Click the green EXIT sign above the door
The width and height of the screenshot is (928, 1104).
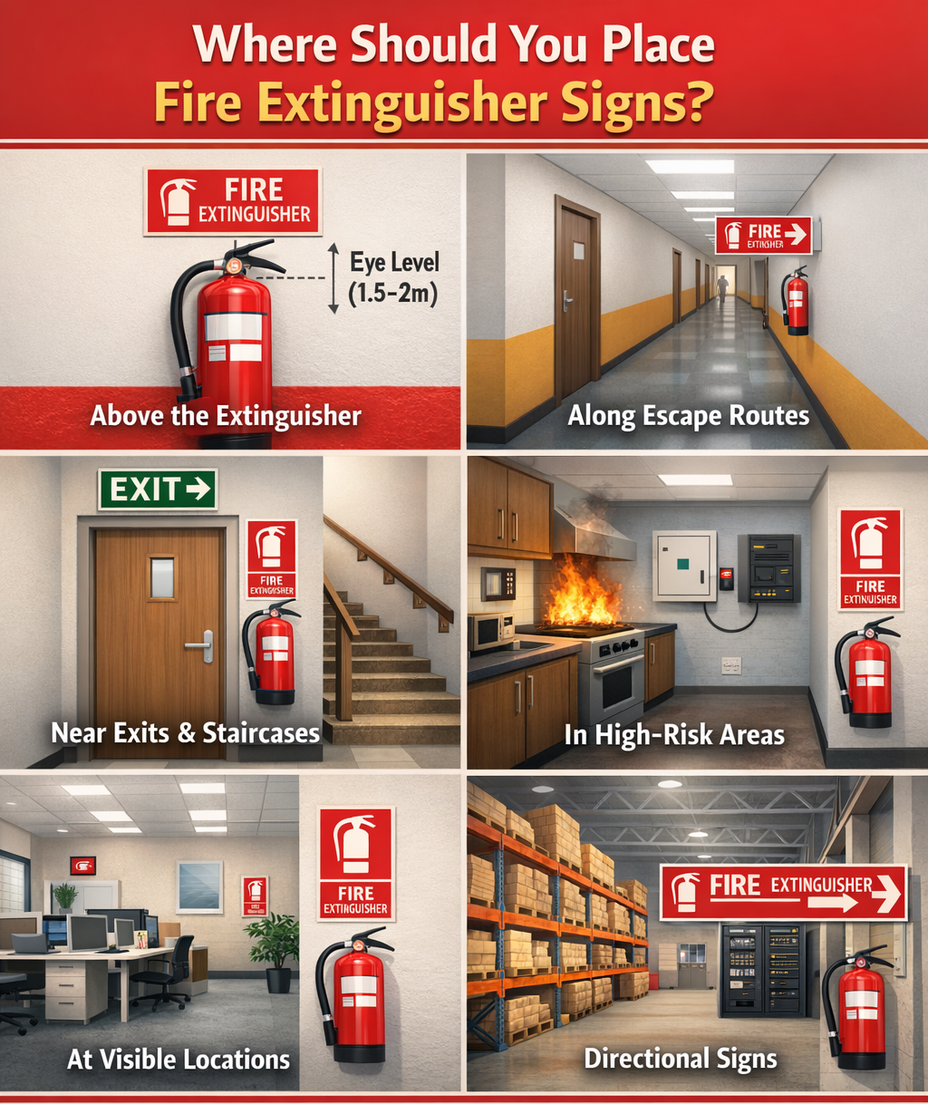(158, 489)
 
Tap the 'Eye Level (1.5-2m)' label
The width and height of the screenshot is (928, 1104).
(393, 278)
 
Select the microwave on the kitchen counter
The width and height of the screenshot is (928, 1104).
(489, 631)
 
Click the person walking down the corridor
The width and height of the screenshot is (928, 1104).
(722, 287)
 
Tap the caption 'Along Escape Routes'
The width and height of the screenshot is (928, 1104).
(688, 416)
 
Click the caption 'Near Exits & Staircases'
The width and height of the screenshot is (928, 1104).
(185, 732)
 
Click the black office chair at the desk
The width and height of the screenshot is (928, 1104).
(169, 970)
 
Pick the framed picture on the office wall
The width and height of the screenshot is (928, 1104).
(199, 886)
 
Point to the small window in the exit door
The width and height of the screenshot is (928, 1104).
(162, 577)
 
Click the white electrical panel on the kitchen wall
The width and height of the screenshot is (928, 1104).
(684, 567)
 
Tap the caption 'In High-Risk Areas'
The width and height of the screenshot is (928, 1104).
(673, 734)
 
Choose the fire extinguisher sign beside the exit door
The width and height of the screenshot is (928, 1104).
(271, 558)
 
